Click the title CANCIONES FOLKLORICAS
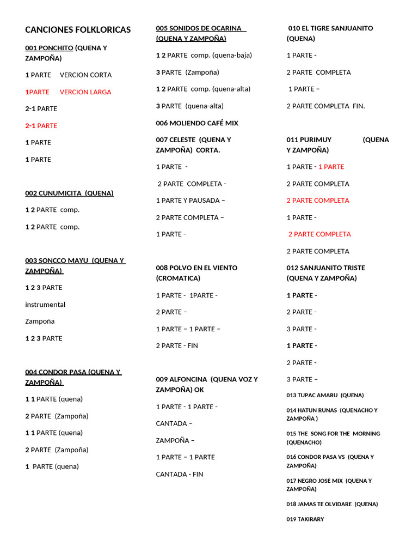point(78,30)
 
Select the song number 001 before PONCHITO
point(32,48)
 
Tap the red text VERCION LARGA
point(85,92)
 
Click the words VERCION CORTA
point(85,75)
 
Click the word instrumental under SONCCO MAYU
point(45,305)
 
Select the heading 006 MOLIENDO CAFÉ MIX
point(197,123)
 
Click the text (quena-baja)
point(232,55)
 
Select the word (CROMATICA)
point(178,278)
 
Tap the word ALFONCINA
point(188,379)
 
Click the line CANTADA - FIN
point(180,475)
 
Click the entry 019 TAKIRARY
point(305,519)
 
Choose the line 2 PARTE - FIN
point(177,346)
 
